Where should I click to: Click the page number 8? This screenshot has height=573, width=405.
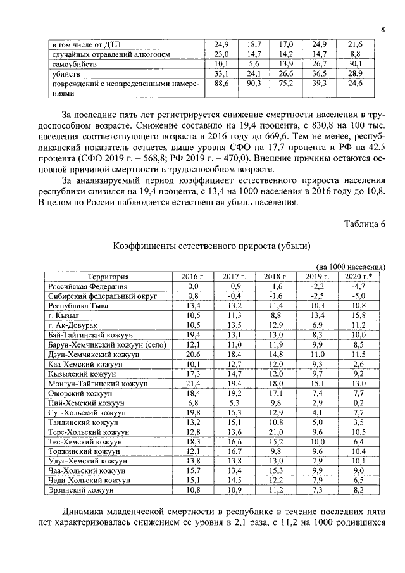click(383, 28)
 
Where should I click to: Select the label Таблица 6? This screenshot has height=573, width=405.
click(364, 224)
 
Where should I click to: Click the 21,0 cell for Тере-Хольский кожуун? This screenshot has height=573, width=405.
click(276, 432)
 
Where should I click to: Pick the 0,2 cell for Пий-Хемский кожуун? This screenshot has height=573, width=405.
click(359, 403)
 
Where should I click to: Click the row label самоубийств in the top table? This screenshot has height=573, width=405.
click(74, 65)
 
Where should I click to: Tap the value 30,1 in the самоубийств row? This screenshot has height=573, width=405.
click(355, 65)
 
